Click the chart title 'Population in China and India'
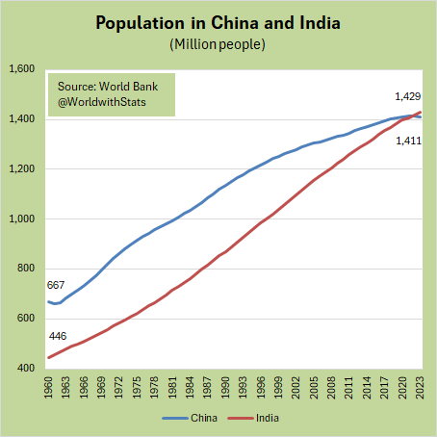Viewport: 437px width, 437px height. coord(218,22)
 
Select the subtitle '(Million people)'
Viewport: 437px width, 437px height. coord(218,44)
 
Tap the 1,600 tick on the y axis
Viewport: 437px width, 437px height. coord(21,69)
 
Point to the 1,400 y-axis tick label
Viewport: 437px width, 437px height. coord(21,119)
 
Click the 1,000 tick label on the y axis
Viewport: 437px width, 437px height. coord(21,219)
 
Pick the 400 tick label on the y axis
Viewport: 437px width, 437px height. coord(26,369)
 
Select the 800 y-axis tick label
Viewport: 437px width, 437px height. coord(26,270)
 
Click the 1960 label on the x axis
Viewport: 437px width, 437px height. coord(48,389)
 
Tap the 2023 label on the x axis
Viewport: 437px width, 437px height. coord(420,389)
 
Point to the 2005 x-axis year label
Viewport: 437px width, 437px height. coord(314,389)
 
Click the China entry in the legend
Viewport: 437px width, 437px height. coord(197,419)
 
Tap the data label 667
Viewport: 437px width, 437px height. coord(56,285)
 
